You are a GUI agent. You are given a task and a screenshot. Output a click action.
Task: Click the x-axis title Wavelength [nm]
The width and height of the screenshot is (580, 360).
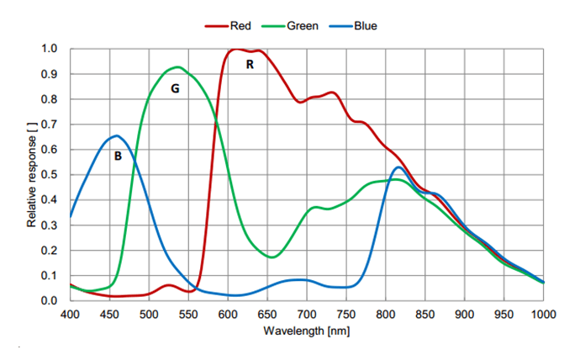[x=306, y=330]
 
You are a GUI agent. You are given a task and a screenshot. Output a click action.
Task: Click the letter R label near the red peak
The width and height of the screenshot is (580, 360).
[x=250, y=64]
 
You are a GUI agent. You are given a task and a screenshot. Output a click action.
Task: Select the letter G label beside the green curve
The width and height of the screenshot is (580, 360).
[x=175, y=87]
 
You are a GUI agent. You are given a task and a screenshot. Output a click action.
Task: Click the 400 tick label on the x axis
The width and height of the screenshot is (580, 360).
[x=70, y=314]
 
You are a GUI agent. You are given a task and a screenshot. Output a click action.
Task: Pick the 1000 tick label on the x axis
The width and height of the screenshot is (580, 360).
[x=543, y=314]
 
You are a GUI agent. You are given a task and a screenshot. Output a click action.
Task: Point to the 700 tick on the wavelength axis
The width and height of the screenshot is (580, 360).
[x=307, y=314]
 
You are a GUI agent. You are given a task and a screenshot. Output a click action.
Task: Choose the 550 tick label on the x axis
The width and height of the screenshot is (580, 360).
[x=188, y=314]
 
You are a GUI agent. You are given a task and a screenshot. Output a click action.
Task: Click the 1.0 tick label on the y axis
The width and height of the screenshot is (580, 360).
[x=51, y=49]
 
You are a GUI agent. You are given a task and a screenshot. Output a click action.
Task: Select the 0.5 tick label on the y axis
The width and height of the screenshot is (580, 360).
[x=51, y=175]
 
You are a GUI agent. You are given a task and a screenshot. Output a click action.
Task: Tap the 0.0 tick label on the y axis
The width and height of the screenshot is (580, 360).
[x=51, y=300]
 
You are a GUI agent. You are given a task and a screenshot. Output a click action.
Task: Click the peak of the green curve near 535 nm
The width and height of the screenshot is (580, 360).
[x=177, y=66]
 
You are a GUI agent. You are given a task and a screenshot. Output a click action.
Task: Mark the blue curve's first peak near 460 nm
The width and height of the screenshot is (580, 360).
[x=116, y=135]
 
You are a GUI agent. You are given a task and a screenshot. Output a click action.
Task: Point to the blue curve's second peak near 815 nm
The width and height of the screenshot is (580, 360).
[x=398, y=167]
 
